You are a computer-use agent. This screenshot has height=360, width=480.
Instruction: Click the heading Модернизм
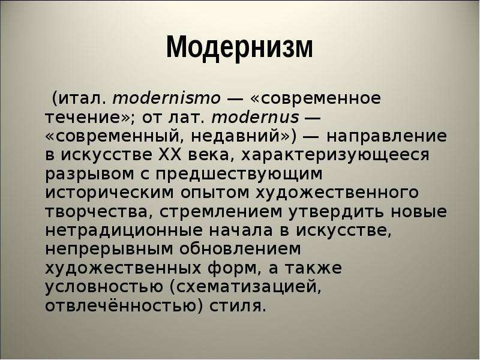239,47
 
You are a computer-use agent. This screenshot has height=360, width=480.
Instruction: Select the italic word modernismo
167,98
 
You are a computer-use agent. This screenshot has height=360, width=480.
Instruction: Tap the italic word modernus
256,117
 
